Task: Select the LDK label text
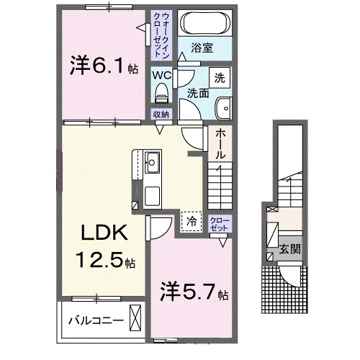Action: point(104,234)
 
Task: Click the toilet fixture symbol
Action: point(161,92)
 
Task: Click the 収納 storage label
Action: point(161,114)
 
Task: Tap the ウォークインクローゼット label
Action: point(160,34)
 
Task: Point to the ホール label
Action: point(220,145)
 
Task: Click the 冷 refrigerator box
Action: point(191,220)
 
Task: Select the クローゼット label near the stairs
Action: point(217,224)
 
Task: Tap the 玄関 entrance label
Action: point(290,250)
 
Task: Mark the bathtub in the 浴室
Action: point(204,22)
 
